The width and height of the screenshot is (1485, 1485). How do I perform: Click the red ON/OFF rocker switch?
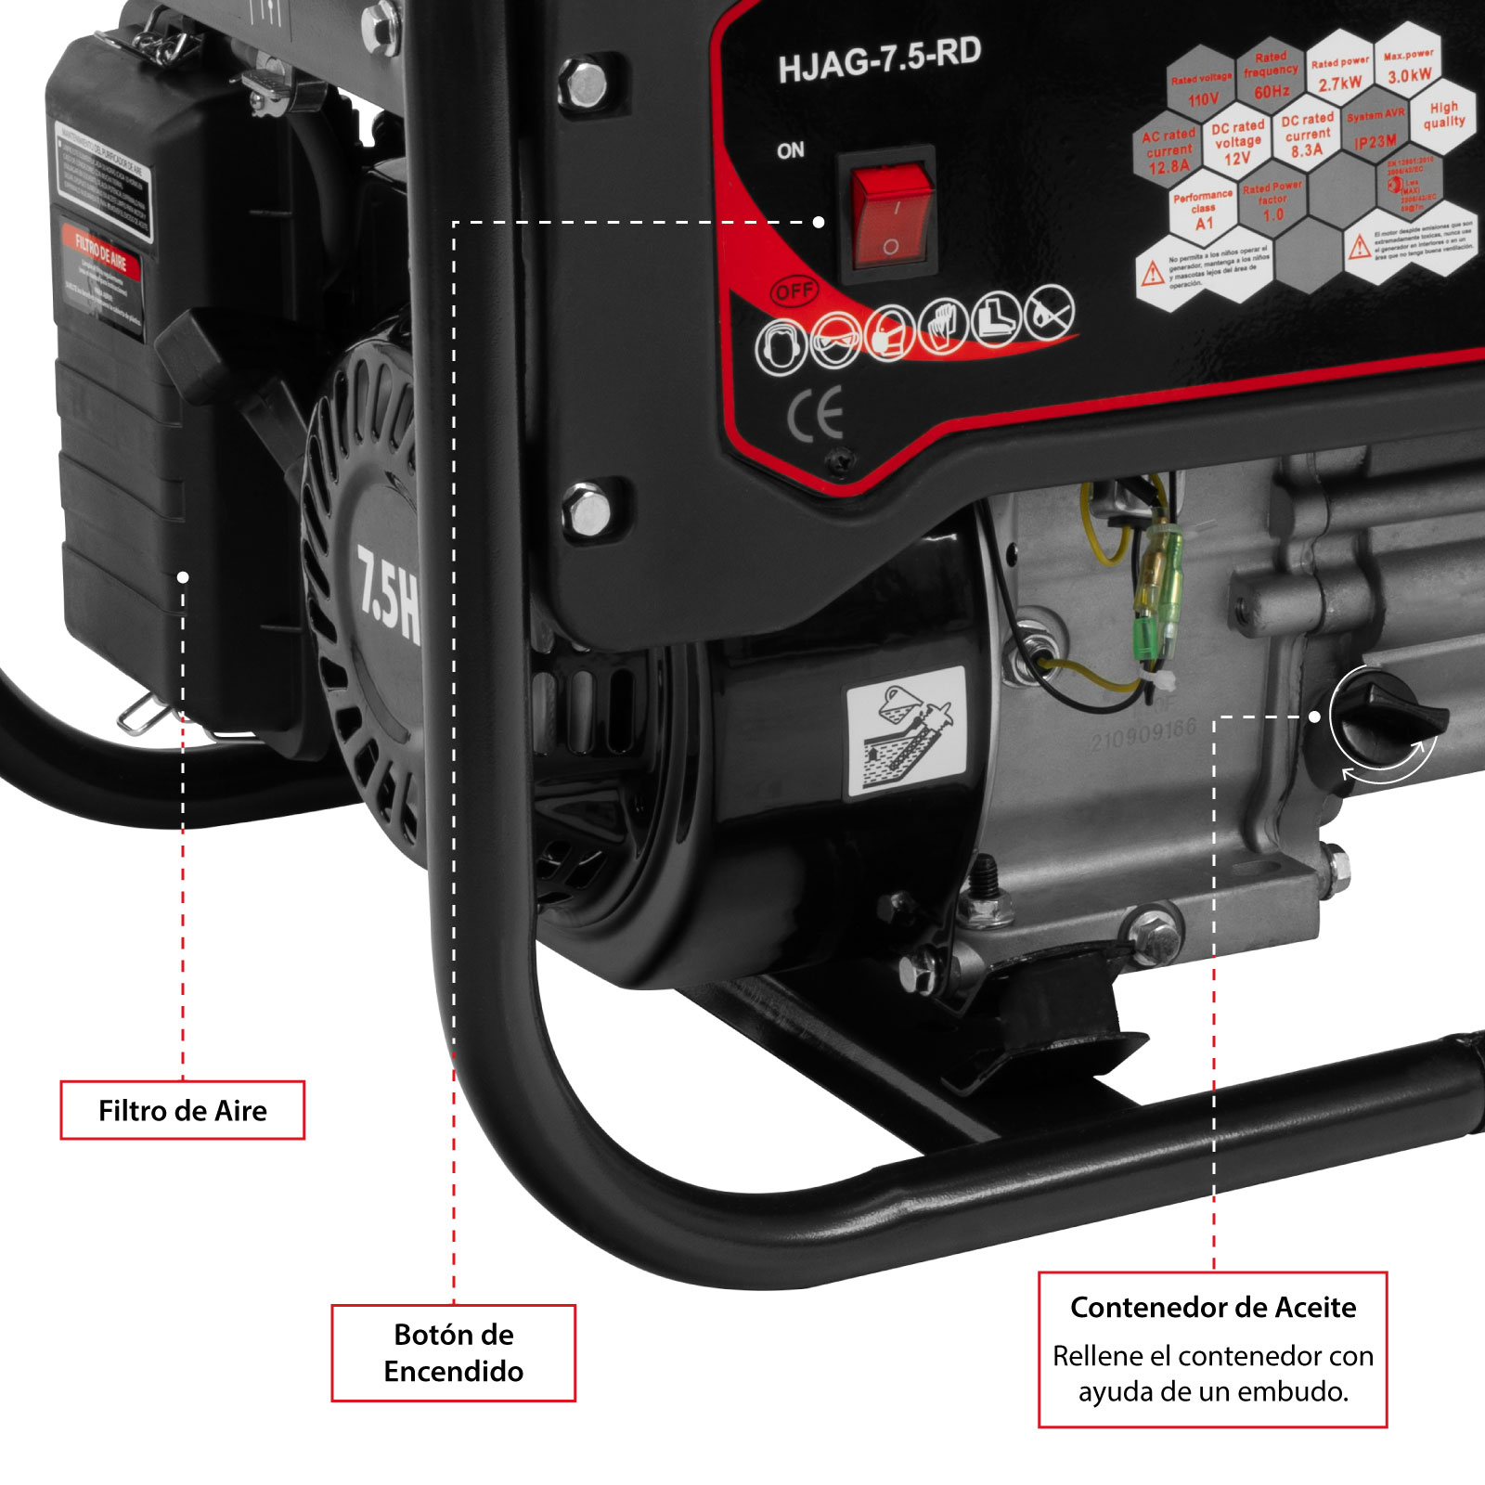(x=891, y=216)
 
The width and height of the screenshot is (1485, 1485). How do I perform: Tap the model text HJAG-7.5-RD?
(x=879, y=60)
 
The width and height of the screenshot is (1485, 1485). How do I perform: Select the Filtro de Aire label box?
(x=183, y=1110)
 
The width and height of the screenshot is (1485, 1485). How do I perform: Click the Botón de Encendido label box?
(x=454, y=1352)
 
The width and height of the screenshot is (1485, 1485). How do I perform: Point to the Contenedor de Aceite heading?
(x=1213, y=1307)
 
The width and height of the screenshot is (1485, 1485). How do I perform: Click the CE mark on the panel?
(x=816, y=415)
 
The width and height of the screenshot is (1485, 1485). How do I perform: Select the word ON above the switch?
(x=791, y=150)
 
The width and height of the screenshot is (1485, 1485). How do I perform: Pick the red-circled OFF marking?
(x=794, y=291)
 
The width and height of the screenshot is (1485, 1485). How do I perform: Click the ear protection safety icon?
(x=780, y=347)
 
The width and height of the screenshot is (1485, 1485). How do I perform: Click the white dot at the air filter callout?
(x=183, y=577)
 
